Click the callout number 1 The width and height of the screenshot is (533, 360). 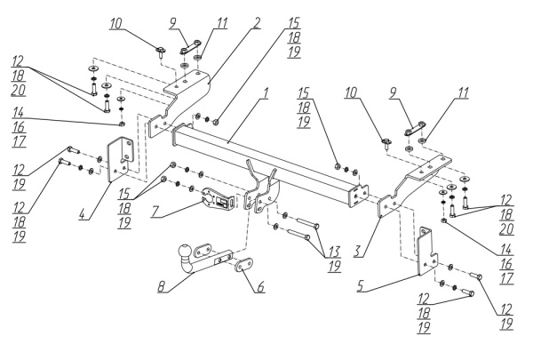pos(266,93)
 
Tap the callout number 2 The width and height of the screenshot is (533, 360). pos(257,23)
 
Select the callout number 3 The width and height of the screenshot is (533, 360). pos(358,252)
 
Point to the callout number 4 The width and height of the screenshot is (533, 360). pos(83,214)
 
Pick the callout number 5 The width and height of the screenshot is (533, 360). pos(362,286)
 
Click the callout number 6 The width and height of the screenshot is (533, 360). pos(260,287)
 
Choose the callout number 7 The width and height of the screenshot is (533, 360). pos(155,212)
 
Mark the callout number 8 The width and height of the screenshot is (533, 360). pos(162,286)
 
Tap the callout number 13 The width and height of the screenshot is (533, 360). pos(333,252)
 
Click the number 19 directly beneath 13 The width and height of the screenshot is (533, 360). pos(334,267)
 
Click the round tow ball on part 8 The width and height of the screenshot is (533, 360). pos(185,252)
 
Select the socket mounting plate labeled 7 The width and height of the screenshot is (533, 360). pos(218,200)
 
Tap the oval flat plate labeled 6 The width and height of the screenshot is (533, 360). pos(243,265)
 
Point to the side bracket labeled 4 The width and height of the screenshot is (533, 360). pos(120,159)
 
